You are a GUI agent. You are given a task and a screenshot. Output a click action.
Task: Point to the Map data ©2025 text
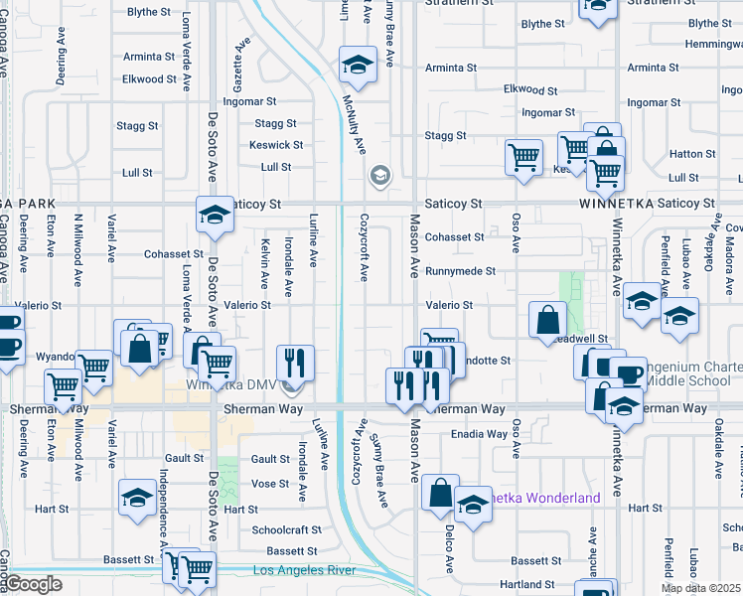(700, 588)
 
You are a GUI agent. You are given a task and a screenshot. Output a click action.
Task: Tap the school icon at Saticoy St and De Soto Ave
(214, 216)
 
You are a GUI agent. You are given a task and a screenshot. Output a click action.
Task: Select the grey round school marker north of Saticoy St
(378, 177)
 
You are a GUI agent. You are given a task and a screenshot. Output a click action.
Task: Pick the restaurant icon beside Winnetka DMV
(295, 364)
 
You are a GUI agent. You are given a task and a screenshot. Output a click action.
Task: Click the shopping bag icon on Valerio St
(547, 321)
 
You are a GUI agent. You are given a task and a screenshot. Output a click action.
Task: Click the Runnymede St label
(460, 271)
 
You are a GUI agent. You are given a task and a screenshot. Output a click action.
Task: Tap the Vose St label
(269, 483)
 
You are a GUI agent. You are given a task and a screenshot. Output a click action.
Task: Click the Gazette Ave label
(238, 60)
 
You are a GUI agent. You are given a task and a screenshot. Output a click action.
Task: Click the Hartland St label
(526, 584)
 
